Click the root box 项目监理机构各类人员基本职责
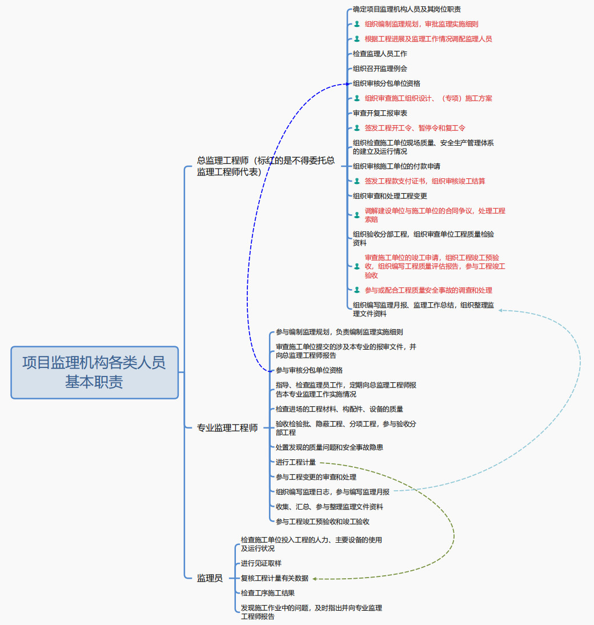[94, 372]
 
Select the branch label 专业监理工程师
[227, 427]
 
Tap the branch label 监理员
[210, 578]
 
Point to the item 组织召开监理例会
[380, 69]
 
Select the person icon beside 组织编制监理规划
[357, 24]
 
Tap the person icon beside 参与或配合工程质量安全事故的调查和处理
[357, 290]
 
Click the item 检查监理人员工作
[380, 54]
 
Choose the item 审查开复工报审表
[380, 113]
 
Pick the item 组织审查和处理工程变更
[390, 196]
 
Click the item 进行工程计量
[295, 462]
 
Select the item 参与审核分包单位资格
[309, 370]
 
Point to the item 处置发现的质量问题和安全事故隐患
[329, 447]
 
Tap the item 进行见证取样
[261, 563]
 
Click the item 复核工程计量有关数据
[274, 578]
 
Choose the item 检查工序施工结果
[267, 593]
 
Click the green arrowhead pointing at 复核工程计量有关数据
[315, 579]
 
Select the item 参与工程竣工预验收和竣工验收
[322, 522]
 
